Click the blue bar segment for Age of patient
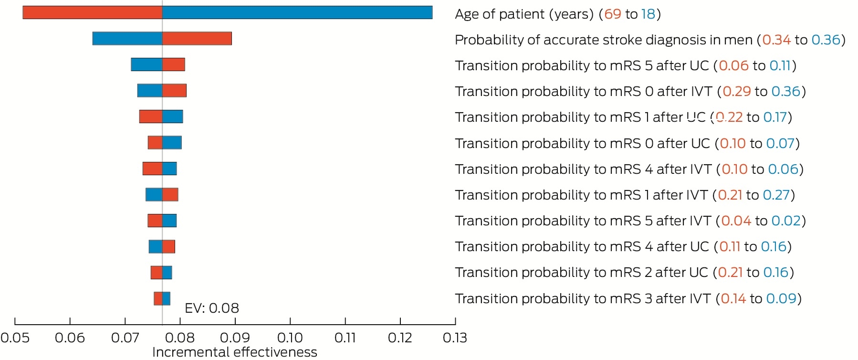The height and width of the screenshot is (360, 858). (x=297, y=12)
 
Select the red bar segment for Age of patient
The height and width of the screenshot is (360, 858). (x=93, y=12)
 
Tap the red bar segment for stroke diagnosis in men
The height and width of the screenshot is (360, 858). (x=197, y=38)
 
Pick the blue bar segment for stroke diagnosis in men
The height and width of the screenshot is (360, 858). (x=127, y=38)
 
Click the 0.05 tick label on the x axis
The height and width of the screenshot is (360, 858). (x=15, y=338)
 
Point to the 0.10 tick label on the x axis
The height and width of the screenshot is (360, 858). (x=290, y=338)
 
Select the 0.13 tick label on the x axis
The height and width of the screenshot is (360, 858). (x=455, y=338)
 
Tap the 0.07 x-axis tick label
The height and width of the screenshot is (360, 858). (x=125, y=338)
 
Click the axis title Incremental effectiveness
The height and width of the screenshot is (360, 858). (x=235, y=352)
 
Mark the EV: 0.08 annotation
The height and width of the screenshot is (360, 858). (x=212, y=308)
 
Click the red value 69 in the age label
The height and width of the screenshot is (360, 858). (x=613, y=14)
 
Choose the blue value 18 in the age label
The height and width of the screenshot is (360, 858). (x=649, y=14)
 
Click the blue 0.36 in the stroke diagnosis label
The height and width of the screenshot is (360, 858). (x=826, y=40)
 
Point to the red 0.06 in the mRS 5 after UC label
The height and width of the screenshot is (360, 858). (x=734, y=65)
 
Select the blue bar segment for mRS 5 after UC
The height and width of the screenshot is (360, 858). (x=146, y=64)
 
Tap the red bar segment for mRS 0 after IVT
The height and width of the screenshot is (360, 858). (x=174, y=90)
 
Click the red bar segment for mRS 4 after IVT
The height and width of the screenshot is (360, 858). (x=152, y=169)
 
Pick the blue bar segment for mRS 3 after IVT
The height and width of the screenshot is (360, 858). (x=166, y=298)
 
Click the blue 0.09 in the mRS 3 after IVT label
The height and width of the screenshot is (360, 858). (x=782, y=298)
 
